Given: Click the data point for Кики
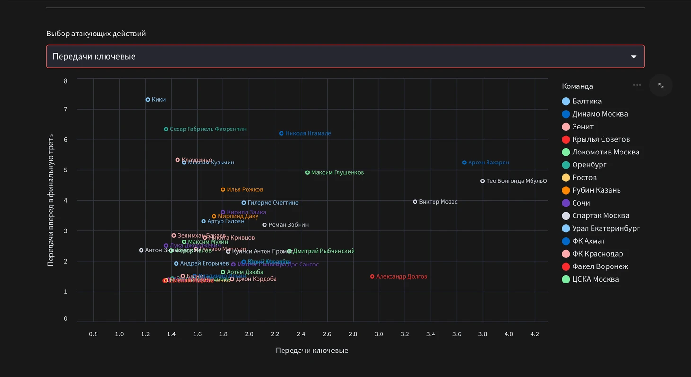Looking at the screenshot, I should [x=148, y=100].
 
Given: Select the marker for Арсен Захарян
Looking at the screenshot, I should [x=464, y=163].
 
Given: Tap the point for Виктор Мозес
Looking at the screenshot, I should [x=415, y=202].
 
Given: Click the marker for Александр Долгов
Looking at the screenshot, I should [x=372, y=276].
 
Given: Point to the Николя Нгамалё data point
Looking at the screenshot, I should [x=281, y=133].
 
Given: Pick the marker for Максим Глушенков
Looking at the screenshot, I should [x=307, y=172].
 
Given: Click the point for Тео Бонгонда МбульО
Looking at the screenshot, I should [x=482, y=181].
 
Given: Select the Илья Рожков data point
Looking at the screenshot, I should [x=223, y=189].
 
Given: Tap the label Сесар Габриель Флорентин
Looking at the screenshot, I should [x=208, y=129].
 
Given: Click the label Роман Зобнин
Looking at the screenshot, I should [x=288, y=225].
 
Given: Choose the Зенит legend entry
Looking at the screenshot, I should [x=583, y=127].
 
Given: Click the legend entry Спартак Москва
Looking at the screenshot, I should [x=600, y=215].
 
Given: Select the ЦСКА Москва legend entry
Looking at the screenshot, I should [x=595, y=279].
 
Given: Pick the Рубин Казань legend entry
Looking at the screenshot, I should [x=596, y=190].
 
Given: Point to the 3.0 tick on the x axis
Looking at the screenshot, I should [x=379, y=334].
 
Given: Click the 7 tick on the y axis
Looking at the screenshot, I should [x=66, y=110].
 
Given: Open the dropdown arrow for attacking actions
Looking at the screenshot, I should [x=634, y=57].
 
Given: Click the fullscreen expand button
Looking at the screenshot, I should [x=661, y=86].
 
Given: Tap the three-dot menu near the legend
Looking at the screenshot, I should [x=637, y=85].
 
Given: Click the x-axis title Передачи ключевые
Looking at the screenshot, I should [x=312, y=351].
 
